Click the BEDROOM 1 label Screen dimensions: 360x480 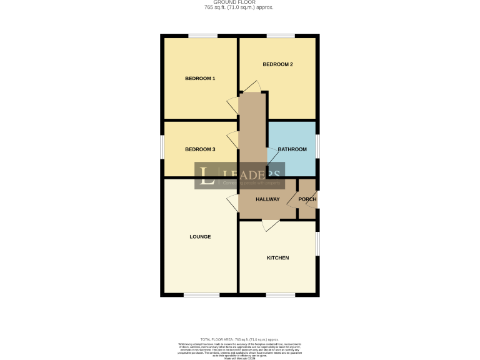click(x=200, y=79)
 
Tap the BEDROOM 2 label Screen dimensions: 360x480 click(x=277, y=64)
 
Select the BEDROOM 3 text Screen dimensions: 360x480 click(x=200, y=149)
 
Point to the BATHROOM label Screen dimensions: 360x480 click(x=292, y=149)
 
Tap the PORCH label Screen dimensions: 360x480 click(x=307, y=199)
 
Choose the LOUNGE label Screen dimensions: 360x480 click(x=200, y=237)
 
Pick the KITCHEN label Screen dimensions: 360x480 click(x=277, y=257)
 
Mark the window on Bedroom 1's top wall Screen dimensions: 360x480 click(x=199, y=36)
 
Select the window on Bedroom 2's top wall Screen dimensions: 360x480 click(x=277, y=36)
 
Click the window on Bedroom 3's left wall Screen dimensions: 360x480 click(x=162, y=149)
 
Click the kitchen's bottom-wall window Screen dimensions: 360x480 click(x=277, y=294)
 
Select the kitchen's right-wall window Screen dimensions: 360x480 click(x=317, y=244)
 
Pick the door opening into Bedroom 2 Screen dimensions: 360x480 click(x=252, y=87)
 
